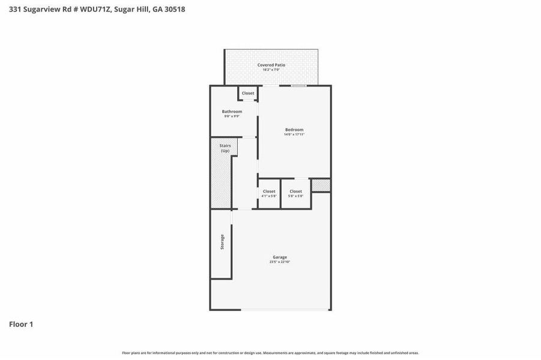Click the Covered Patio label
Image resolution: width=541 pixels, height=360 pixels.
click(x=271, y=65)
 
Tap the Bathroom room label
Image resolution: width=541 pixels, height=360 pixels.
click(x=232, y=112)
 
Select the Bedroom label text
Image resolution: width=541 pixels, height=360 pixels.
click(x=294, y=130)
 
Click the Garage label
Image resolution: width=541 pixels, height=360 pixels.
click(x=280, y=257)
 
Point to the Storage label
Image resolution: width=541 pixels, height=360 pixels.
click(x=222, y=242)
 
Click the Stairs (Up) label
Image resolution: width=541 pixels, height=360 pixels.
click(x=225, y=148)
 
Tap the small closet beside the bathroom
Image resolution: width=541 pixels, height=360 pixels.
click(x=248, y=94)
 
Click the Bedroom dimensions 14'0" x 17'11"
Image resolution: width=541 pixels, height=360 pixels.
click(x=294, y=134)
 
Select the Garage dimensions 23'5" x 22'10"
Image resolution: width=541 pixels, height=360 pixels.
click(x=280, y=262)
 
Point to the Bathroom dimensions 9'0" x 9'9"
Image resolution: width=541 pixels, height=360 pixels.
click(x=232, y=116)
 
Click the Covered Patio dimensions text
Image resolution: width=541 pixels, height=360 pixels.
click(x=271, y=70)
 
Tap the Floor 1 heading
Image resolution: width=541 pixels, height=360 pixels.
click(x=21, y=325)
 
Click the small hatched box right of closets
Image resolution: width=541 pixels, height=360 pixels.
click(x=321, y=185)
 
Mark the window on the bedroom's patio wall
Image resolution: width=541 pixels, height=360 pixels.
click(x=299, y=86)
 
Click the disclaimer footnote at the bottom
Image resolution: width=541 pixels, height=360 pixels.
click(x=270, y=353)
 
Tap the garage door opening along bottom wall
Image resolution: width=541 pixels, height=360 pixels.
click(x=286, y=310)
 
